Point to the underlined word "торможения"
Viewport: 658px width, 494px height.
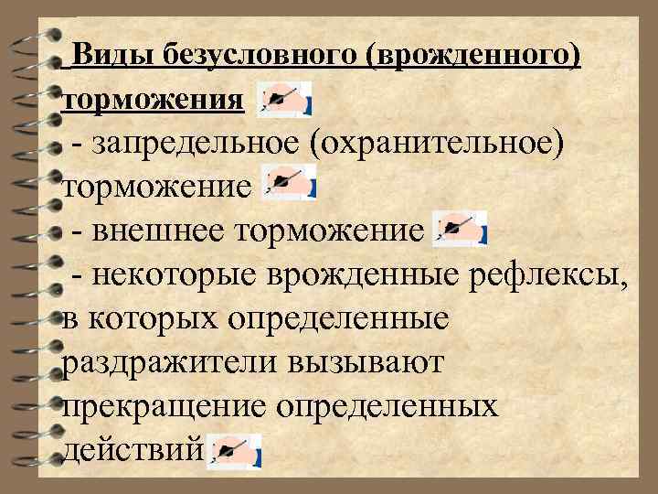[152, 99]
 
